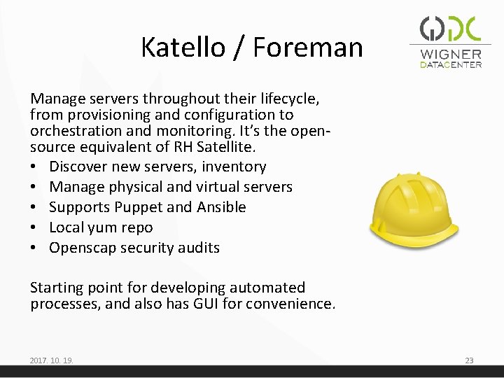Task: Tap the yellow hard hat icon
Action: pos(414,205)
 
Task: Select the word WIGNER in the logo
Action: pos(451,54)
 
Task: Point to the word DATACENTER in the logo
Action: pos(451,65)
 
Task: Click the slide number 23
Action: pos(469,360)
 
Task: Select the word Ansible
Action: pos(220,207)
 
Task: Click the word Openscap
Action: pos(83,247)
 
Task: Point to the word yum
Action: pos(105,227)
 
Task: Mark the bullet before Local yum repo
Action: pos(35,227)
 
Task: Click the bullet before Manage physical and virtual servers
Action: pos(35,187)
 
